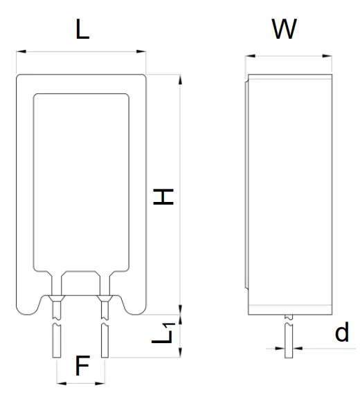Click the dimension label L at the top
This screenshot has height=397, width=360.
point(82,30)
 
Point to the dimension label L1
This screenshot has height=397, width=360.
point(163,335)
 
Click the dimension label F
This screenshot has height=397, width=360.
point(82,366)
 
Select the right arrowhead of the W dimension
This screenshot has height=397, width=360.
point(330,56)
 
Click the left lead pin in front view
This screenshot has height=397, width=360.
point(56,339)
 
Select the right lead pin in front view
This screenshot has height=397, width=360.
point(105,339)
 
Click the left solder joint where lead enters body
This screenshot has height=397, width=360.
point(56,299)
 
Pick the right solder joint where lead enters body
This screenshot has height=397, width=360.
point(105,299)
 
